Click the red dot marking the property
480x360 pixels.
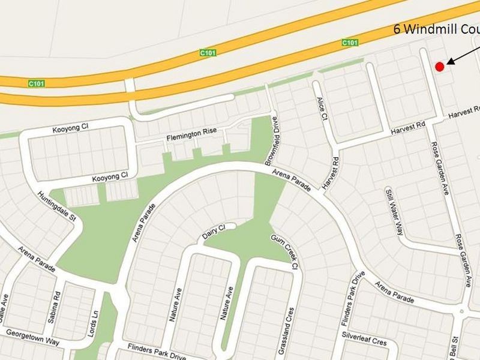[439, 67]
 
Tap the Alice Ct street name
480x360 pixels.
[322, 110]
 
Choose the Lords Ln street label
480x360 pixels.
[92, 323]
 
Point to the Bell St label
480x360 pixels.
[454, 347]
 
